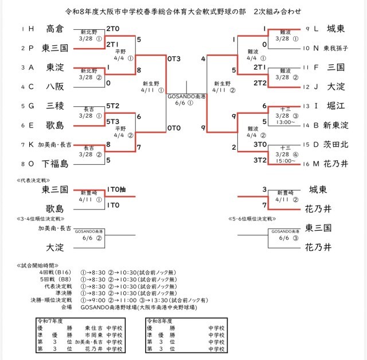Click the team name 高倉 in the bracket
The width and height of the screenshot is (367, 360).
click(55, 29)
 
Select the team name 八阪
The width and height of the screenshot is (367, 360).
click(55, 87)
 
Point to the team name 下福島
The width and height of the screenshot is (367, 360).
click(55, 164)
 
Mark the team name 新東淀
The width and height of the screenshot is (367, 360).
click(335, 125)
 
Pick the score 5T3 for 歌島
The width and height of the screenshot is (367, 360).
click(112, 122)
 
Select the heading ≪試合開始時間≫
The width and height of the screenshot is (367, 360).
click(34, 266)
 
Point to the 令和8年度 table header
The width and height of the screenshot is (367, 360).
click(162, 320)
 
